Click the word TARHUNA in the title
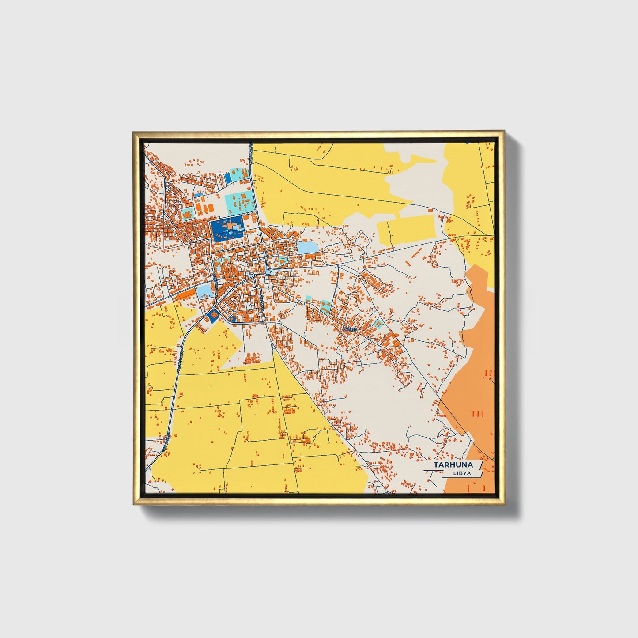point(453,465)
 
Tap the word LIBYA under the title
point(461,473)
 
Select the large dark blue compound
point(227,229)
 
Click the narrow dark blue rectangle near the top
point(228,178)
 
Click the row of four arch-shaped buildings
point(312,273)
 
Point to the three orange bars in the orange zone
point(477,414)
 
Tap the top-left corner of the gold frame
point(134,132)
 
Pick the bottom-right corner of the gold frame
point(504,504)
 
